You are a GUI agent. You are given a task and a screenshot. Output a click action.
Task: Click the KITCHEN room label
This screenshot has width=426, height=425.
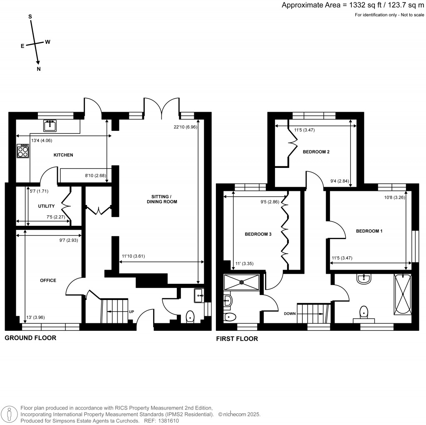63,155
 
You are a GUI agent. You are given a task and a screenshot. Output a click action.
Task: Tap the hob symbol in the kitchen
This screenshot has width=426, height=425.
22,150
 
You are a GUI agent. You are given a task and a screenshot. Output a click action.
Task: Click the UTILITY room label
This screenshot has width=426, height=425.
47,206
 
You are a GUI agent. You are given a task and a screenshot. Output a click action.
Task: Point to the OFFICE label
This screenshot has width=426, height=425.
48,280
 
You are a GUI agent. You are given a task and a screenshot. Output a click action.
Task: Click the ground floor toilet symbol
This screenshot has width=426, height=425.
190,316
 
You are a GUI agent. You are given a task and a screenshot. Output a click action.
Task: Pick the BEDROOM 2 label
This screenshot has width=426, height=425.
316,152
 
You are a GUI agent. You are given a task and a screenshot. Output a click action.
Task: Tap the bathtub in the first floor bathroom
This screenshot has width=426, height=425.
403,294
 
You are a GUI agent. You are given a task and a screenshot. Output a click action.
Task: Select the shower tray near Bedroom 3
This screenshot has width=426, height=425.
242,282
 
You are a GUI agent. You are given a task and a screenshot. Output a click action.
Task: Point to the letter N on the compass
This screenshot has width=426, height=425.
39,70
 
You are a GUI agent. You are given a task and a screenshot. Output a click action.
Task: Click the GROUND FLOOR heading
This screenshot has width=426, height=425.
30,338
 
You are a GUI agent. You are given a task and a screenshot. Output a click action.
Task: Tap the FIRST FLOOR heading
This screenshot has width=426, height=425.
237,339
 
